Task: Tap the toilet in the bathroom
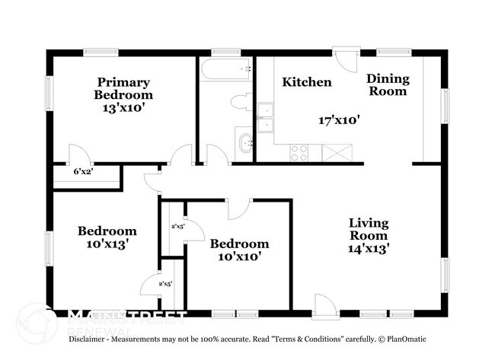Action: point(241,102)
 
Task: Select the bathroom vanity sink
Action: point(245,142)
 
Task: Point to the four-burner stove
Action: point(299,152)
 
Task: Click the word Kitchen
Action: point(307,82)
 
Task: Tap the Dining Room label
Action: point(388,84)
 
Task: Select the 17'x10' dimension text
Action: point(339,119)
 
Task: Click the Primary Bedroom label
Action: point(123,88)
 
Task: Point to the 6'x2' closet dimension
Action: point(83,173)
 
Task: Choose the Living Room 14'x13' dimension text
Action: point(369,247)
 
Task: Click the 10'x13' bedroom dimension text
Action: point(107,244)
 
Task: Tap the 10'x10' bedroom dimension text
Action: point(239,256)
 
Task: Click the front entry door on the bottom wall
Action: point(323,308)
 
